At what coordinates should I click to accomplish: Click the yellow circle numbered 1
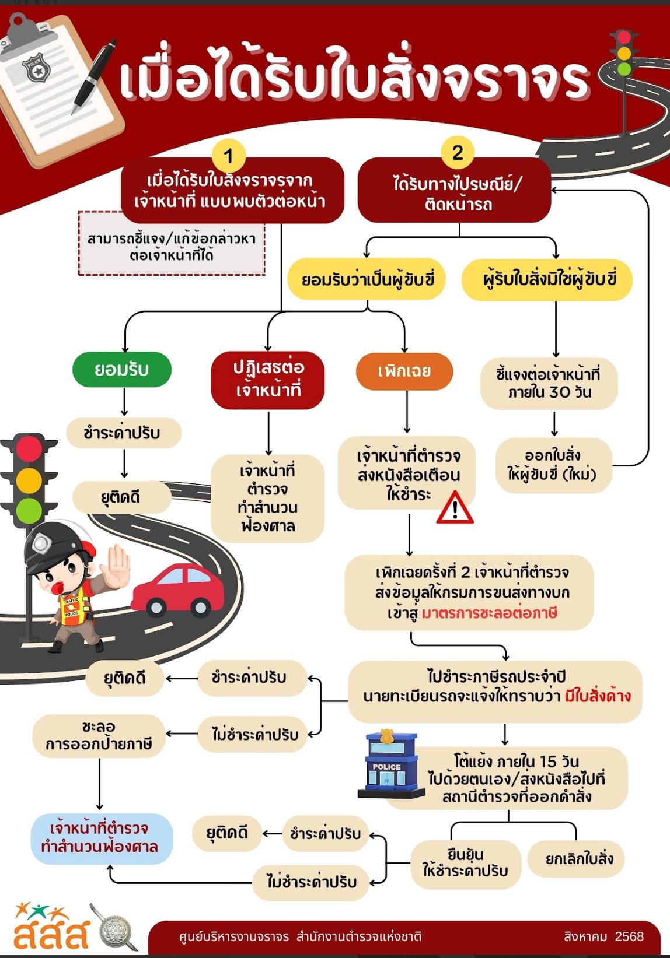(228, 156)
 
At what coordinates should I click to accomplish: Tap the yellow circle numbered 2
(458, 153)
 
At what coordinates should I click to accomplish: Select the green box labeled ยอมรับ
(121, 369)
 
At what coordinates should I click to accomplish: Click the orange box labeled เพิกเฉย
(404, 371)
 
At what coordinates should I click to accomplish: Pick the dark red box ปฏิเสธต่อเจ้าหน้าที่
(268, 379)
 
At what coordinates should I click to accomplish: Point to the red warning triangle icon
(455, 508)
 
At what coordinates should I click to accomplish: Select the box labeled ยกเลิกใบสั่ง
(579, 858)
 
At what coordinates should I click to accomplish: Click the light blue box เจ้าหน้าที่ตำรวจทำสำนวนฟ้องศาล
(100, 837)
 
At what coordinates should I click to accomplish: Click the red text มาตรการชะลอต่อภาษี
(489, 613)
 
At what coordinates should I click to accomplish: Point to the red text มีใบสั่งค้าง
(598, 696)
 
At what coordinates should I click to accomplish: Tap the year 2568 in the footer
(629, 936)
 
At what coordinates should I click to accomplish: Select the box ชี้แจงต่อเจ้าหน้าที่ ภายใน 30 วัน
(549, 383)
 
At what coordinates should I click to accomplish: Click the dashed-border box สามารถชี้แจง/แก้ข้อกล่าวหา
(172, 244)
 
